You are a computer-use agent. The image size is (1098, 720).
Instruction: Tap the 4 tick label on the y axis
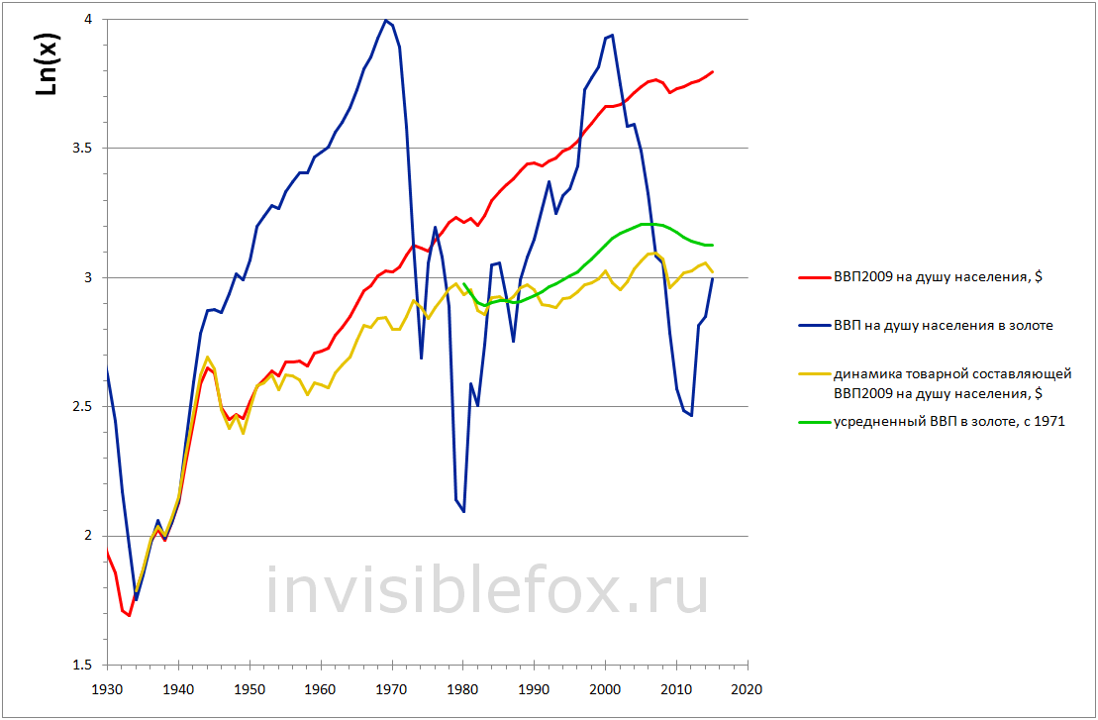[91, 20]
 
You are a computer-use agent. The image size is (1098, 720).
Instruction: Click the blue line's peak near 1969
[385, 20]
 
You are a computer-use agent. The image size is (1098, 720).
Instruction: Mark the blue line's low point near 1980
[463, 511]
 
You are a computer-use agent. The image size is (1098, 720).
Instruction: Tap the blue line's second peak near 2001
[612, 36]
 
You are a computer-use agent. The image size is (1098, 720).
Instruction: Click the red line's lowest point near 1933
[129, 616]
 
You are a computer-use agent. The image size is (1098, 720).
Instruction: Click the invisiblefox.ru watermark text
[487, 590]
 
